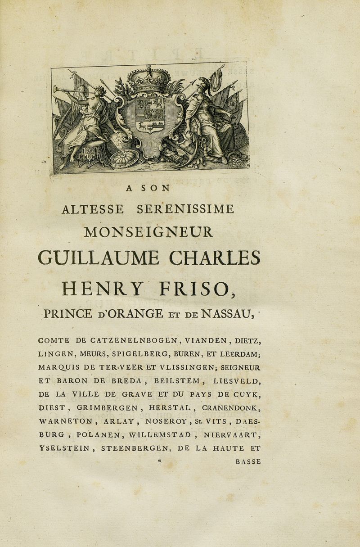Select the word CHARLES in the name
[215, 259]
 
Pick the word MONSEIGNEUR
[148, 232]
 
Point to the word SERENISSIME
[185, 209]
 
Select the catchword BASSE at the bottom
[248, 461]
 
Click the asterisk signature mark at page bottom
[158, 461]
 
